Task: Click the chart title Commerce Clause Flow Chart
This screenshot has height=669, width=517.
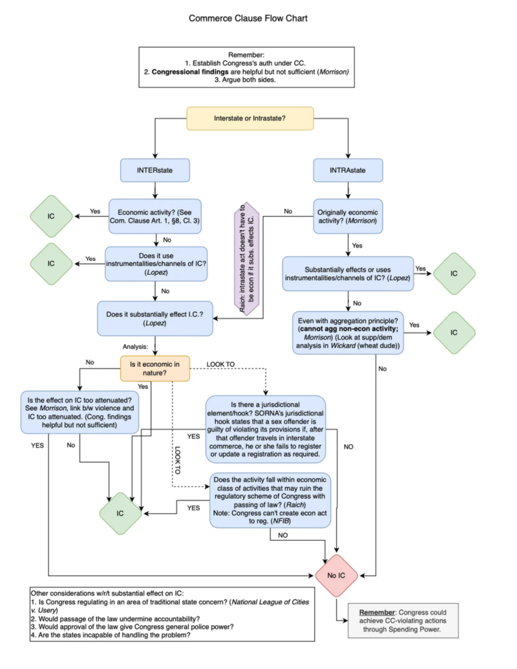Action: click(x=248, y=18)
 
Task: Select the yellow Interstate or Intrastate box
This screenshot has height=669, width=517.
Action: click(x=250, y=118)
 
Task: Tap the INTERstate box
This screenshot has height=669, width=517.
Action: click(x=155, y=170)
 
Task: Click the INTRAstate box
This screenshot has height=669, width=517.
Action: click(x=348, y=170)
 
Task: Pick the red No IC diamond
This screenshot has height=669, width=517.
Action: click(x=336, y=575)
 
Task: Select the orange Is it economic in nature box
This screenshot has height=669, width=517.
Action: click(x=155, y=368)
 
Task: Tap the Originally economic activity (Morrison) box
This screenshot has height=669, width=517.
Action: click(x=348, y=216)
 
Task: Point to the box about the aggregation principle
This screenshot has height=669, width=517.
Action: click(x=348, y=333)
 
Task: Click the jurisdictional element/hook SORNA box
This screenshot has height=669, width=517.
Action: click(x=265, y=429)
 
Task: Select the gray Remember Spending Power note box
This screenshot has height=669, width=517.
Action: click(x=403, y=620)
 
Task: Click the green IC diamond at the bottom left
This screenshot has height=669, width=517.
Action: click(x=120, y=513)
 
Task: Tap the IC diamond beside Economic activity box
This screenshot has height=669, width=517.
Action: click(x=51, y=216)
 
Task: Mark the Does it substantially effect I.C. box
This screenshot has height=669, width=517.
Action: click(x=155, y=318)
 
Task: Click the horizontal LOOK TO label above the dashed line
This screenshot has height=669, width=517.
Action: click(x=220, y=364)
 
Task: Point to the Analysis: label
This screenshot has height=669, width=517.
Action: click(x=135, y=346)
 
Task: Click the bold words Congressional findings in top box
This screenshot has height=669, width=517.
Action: click(x=190, y=72)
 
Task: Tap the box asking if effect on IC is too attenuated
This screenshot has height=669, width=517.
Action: click(x=80, y=412)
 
